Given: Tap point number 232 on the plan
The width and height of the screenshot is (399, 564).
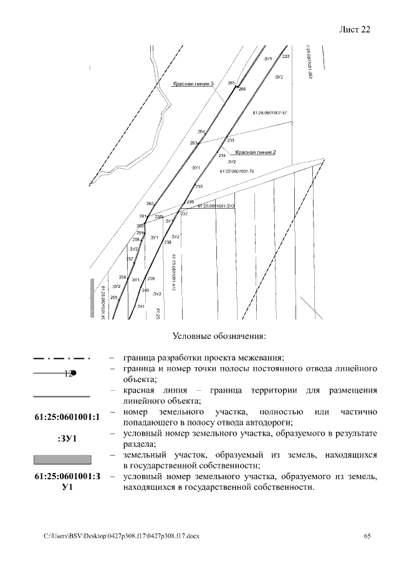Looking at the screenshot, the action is (x=286, y=57).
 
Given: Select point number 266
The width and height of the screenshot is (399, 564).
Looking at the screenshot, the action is (x=242, y=89).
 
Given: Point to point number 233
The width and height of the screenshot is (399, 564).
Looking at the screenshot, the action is (x=230, y=141).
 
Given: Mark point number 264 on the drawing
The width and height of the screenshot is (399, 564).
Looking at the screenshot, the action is (x=201, y=132).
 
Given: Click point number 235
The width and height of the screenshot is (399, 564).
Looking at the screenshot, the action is (x=199, y=186).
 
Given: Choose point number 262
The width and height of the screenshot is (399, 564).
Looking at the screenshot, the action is (x=150, y=203).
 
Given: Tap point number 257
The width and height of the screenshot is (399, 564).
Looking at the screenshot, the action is (x=130, y=259).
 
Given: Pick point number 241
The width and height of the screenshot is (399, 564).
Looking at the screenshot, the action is (x=141, y=307).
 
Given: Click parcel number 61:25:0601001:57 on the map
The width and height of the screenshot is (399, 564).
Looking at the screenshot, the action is (x=269, y=113).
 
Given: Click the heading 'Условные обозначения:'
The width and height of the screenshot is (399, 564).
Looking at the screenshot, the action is (x=219, y=337).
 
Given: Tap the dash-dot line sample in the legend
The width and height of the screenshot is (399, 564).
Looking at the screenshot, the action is (x=62, y=359).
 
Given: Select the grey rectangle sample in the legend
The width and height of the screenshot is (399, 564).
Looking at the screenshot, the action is (x=62, y=460).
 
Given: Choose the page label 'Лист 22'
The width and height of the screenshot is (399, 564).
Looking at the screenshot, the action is (x=355, y=30).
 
